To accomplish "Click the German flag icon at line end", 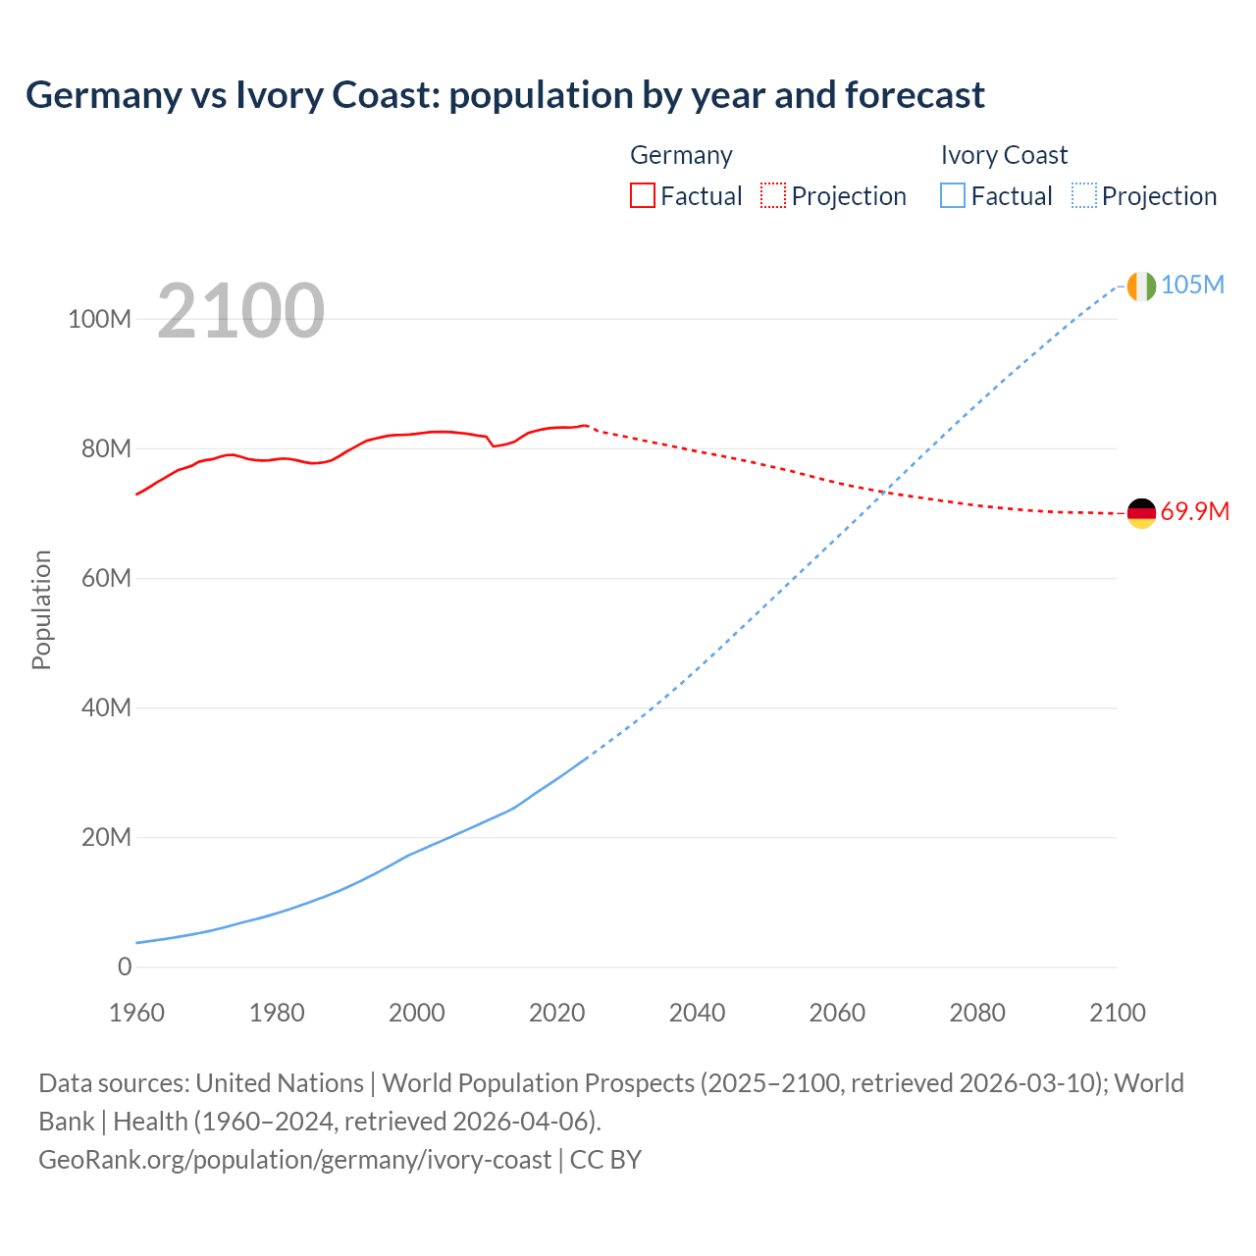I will pyautogui.click(x=1141, y=512).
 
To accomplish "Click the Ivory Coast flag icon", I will pyautogui.click(x=1141, y=286).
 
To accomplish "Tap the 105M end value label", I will pyautogui.click(x=1192, y=285).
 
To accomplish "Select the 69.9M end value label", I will pyautogui.click(x=1194, y=511).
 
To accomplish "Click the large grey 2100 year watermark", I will pyautogui.click(x=240, y=310).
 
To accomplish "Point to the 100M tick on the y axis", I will pyautogui.click(x=99, y=319).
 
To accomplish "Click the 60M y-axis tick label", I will pyautogui.click(x=105, y=578).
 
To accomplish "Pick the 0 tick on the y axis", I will pyautogui.click(x=124, y=967).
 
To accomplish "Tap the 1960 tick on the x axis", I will pyautogui.click(x=136, y=1013).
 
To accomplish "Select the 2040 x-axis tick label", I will pyautogui.click(x=697, y=1013).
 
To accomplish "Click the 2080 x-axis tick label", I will pyautogui.click(x=977, y=1013).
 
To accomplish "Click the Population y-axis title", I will pyautogui.click(x=41, y=609).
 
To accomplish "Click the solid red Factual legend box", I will pyautogui.click(x=642, y=195).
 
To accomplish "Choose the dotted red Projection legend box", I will pyautogui.click(x=773, y=195).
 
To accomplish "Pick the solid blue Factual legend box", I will pyautogui.click(x=952, y=195).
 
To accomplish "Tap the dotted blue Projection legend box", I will pyautogui.click(x=1084, y=195).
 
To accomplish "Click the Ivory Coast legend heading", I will pyautogui.click(x=1004, y=155).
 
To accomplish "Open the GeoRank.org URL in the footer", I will pyautogui.click(x=294, y=1159).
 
